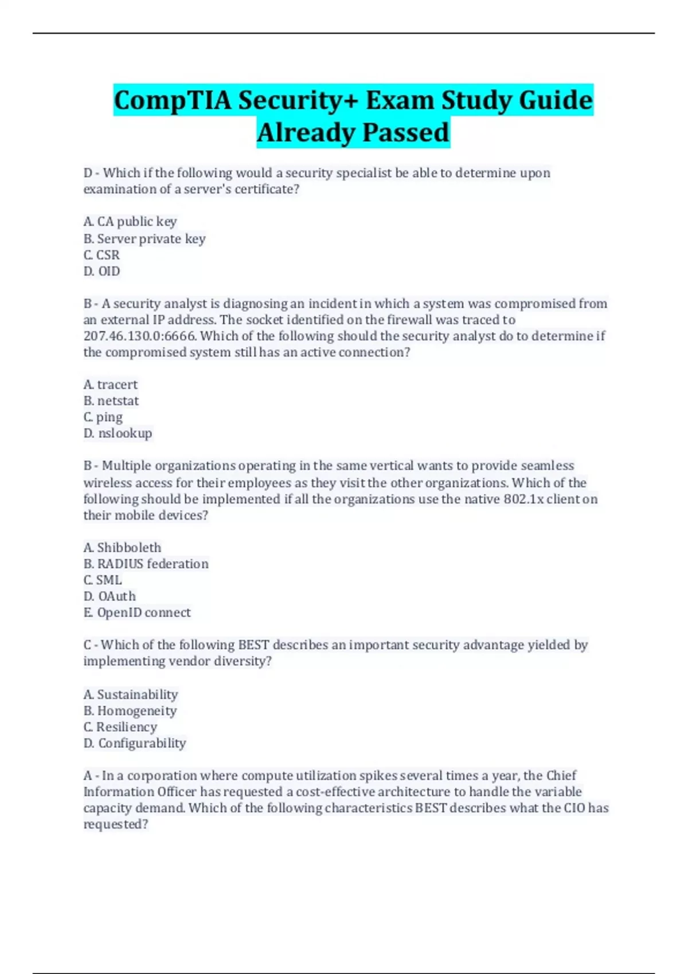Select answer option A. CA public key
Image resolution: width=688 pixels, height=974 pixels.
[130, 222]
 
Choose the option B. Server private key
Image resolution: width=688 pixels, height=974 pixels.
[144, 239]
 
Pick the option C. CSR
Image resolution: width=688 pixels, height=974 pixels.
[102, 255]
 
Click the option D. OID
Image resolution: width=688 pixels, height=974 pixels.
[102, 271]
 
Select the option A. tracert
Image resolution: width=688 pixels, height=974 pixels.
[111, 384]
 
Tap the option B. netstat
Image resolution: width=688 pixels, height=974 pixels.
[111, 401]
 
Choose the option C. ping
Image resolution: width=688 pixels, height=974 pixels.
[103, 417]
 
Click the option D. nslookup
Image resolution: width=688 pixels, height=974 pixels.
[118, 433]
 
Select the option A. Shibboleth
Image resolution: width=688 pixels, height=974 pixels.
[123, 548]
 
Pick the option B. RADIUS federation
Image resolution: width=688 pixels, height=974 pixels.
[146, 564]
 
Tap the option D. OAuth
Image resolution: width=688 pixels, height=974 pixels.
[110, 596]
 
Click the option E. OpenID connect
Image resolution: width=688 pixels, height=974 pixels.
[137, 612]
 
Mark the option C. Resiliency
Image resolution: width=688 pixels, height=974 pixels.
[120, 727]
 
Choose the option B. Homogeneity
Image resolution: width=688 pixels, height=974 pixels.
[130, 711]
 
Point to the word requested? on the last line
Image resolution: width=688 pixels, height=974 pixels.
[116, 824]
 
